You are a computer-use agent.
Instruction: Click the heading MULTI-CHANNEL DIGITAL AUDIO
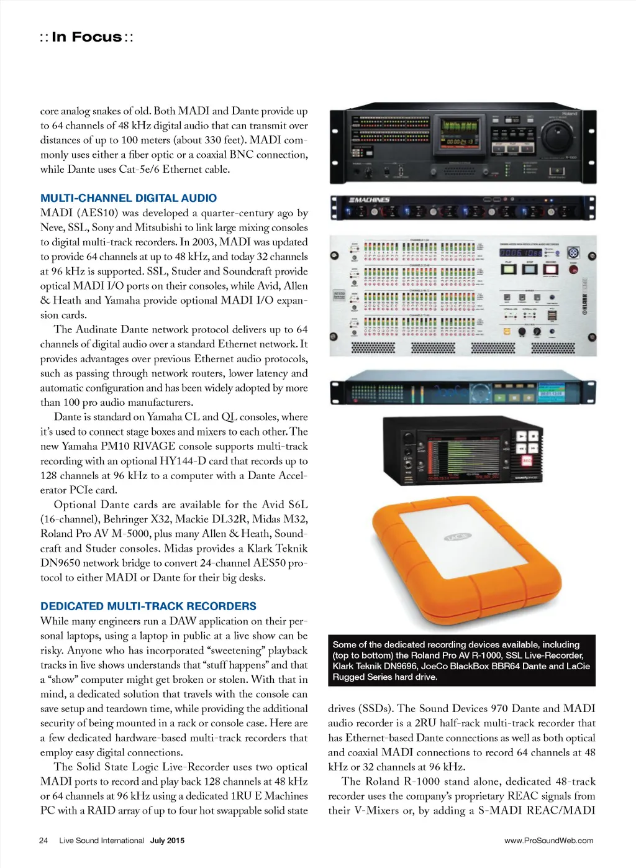129,198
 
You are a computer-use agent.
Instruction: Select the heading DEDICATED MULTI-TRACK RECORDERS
148,606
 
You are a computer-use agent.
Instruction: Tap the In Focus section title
87,37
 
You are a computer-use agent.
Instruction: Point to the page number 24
43,841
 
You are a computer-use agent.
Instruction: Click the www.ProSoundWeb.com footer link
548,841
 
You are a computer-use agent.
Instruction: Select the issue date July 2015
167,841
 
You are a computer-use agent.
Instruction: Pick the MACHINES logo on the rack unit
369,200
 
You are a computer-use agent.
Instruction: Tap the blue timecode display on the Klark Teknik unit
520,253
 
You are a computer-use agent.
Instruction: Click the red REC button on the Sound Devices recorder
527,461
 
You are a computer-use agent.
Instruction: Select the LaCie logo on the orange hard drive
458,536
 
